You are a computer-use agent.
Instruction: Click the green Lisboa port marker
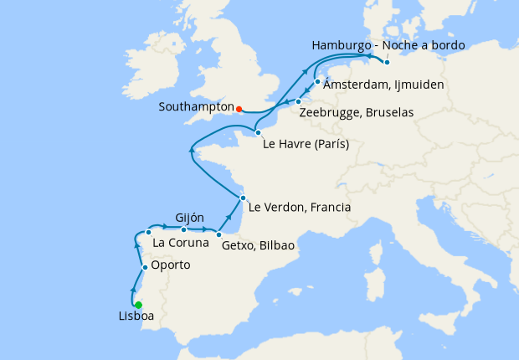[138, 305]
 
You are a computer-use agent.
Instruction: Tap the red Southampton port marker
[239, 109]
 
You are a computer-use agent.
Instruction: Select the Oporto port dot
[145, 268]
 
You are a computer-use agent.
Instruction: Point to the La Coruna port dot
[148, 232]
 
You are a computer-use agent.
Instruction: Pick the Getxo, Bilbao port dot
[218, 234]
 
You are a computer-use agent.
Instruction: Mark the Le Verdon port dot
[243, 198]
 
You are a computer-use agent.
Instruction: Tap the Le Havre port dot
[258, 132]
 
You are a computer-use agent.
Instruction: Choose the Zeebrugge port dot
[298, 102]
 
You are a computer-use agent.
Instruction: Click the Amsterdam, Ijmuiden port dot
[318, 82]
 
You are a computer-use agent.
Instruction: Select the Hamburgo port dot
[387, 62]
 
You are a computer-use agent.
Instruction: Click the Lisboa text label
[136, 317]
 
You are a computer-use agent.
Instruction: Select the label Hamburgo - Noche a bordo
[388, 44]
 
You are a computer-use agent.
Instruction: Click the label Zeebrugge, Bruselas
[357, 112]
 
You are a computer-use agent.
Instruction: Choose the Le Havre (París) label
[305, 144]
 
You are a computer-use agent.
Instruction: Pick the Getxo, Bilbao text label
[258, 247]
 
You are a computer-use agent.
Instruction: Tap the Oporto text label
[171, 265]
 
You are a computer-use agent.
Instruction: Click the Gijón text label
[190, 217]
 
